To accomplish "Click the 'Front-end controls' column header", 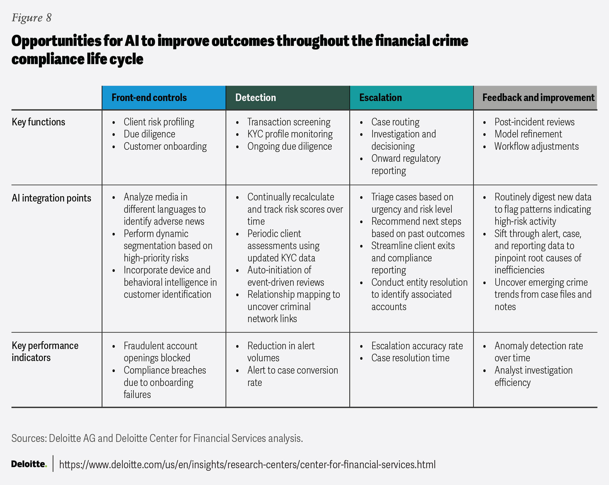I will (149, 98).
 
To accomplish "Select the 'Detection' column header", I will (255, 98).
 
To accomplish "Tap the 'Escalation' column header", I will (380, 98).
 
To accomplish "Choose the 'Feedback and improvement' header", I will (538, 98).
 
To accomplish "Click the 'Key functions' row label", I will (38, 122).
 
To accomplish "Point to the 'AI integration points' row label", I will (52, 198).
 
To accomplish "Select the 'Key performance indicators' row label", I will (45, 352).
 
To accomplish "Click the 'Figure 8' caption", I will (32, 18).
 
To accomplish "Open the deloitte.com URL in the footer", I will (247, 464).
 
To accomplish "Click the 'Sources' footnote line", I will (157, 438).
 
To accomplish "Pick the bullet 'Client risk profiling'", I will (159, 122).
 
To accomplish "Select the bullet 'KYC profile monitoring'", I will (290, 134).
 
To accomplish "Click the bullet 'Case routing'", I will (395, 122).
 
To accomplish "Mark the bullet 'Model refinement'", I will (528, 134).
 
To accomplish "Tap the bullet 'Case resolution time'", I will (410, 358).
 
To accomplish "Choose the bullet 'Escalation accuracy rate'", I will (417, 346).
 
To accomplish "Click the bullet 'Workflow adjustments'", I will (536, 147).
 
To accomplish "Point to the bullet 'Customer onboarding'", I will (165, 147).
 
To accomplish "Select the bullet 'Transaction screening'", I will (289, 122).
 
